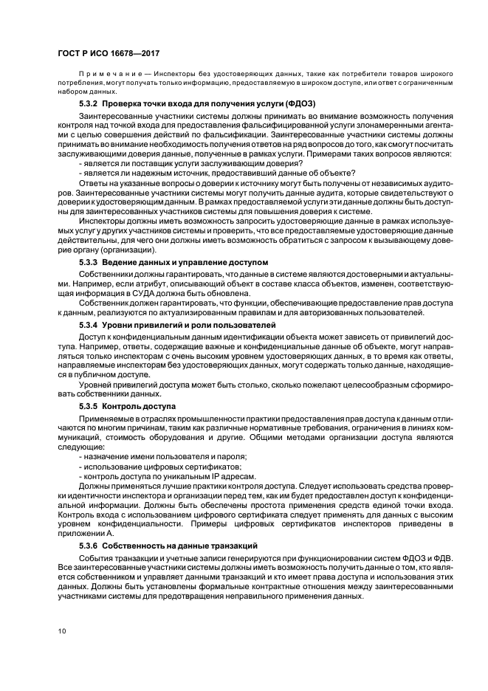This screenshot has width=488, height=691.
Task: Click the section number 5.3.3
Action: point(89,263)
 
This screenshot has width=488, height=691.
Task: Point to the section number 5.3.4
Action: point(89,325)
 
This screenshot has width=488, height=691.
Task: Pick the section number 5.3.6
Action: point(89,545)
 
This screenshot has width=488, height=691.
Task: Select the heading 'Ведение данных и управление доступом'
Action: point(185,263)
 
